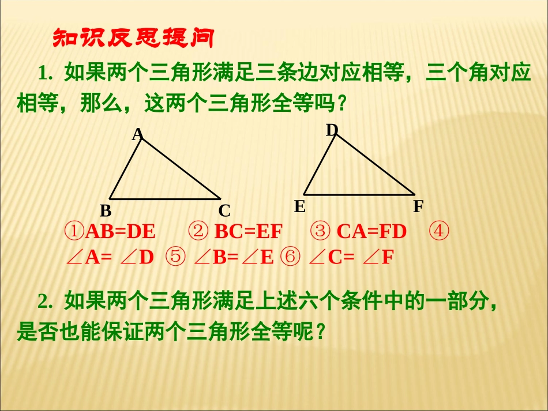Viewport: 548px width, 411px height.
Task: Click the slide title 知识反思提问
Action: (133, 39)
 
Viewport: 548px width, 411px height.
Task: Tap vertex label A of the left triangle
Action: (137, 134)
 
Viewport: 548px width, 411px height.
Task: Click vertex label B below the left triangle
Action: (106, 210)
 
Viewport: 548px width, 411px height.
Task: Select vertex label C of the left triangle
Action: (224, 210)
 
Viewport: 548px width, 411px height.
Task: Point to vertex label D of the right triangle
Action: (331, 130)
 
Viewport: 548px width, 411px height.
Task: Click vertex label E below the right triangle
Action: (299, 206)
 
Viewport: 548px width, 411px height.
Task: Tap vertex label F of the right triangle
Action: (418, 206)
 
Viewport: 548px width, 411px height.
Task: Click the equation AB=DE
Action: (121, 232)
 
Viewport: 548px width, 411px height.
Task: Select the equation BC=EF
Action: (249, 232)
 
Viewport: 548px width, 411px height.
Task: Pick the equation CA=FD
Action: (371, 232)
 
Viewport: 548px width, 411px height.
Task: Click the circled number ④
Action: (440, 232)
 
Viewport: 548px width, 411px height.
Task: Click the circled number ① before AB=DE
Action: (74, 232)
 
